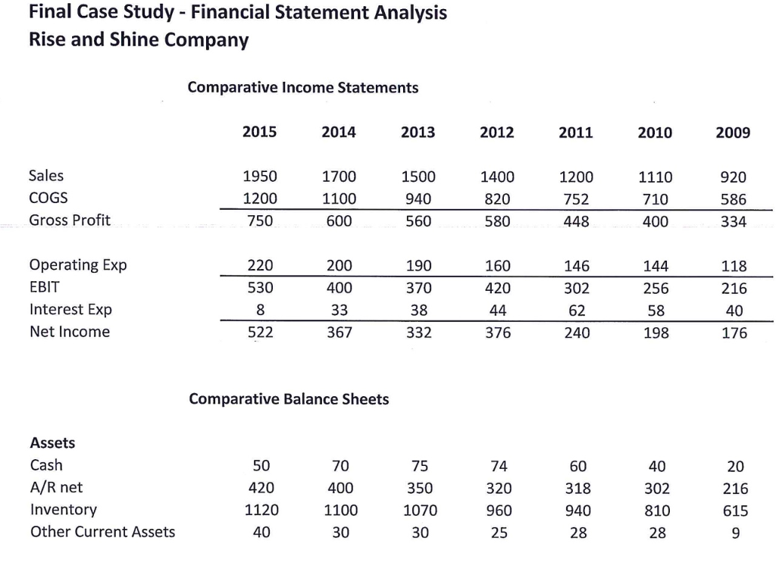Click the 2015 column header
(x=259, y=132)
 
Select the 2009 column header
(x=732, y=133)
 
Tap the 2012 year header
(x=497, y=133)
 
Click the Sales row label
(x=46, y=176)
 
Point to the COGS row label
(x=48, y=198)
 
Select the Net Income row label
(x=69, y=332)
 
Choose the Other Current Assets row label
(x=102, y=532)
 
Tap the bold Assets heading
(x=52, y=442)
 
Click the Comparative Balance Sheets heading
(x=289, y=399)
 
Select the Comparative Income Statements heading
(x=303, y=88)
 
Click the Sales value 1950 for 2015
(x=259, y=177)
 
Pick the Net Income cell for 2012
(x=497, y=333)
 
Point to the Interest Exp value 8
(x=260, y=311)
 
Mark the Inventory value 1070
(x=418, y=510)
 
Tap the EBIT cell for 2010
(x=655, y=289)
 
